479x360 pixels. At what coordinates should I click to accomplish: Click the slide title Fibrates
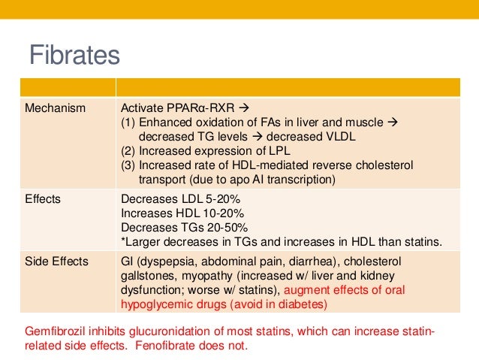tap(74, 55)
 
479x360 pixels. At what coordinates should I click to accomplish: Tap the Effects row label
tap(43, 200)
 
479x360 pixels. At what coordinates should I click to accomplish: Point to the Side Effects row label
tap(56, 262)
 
